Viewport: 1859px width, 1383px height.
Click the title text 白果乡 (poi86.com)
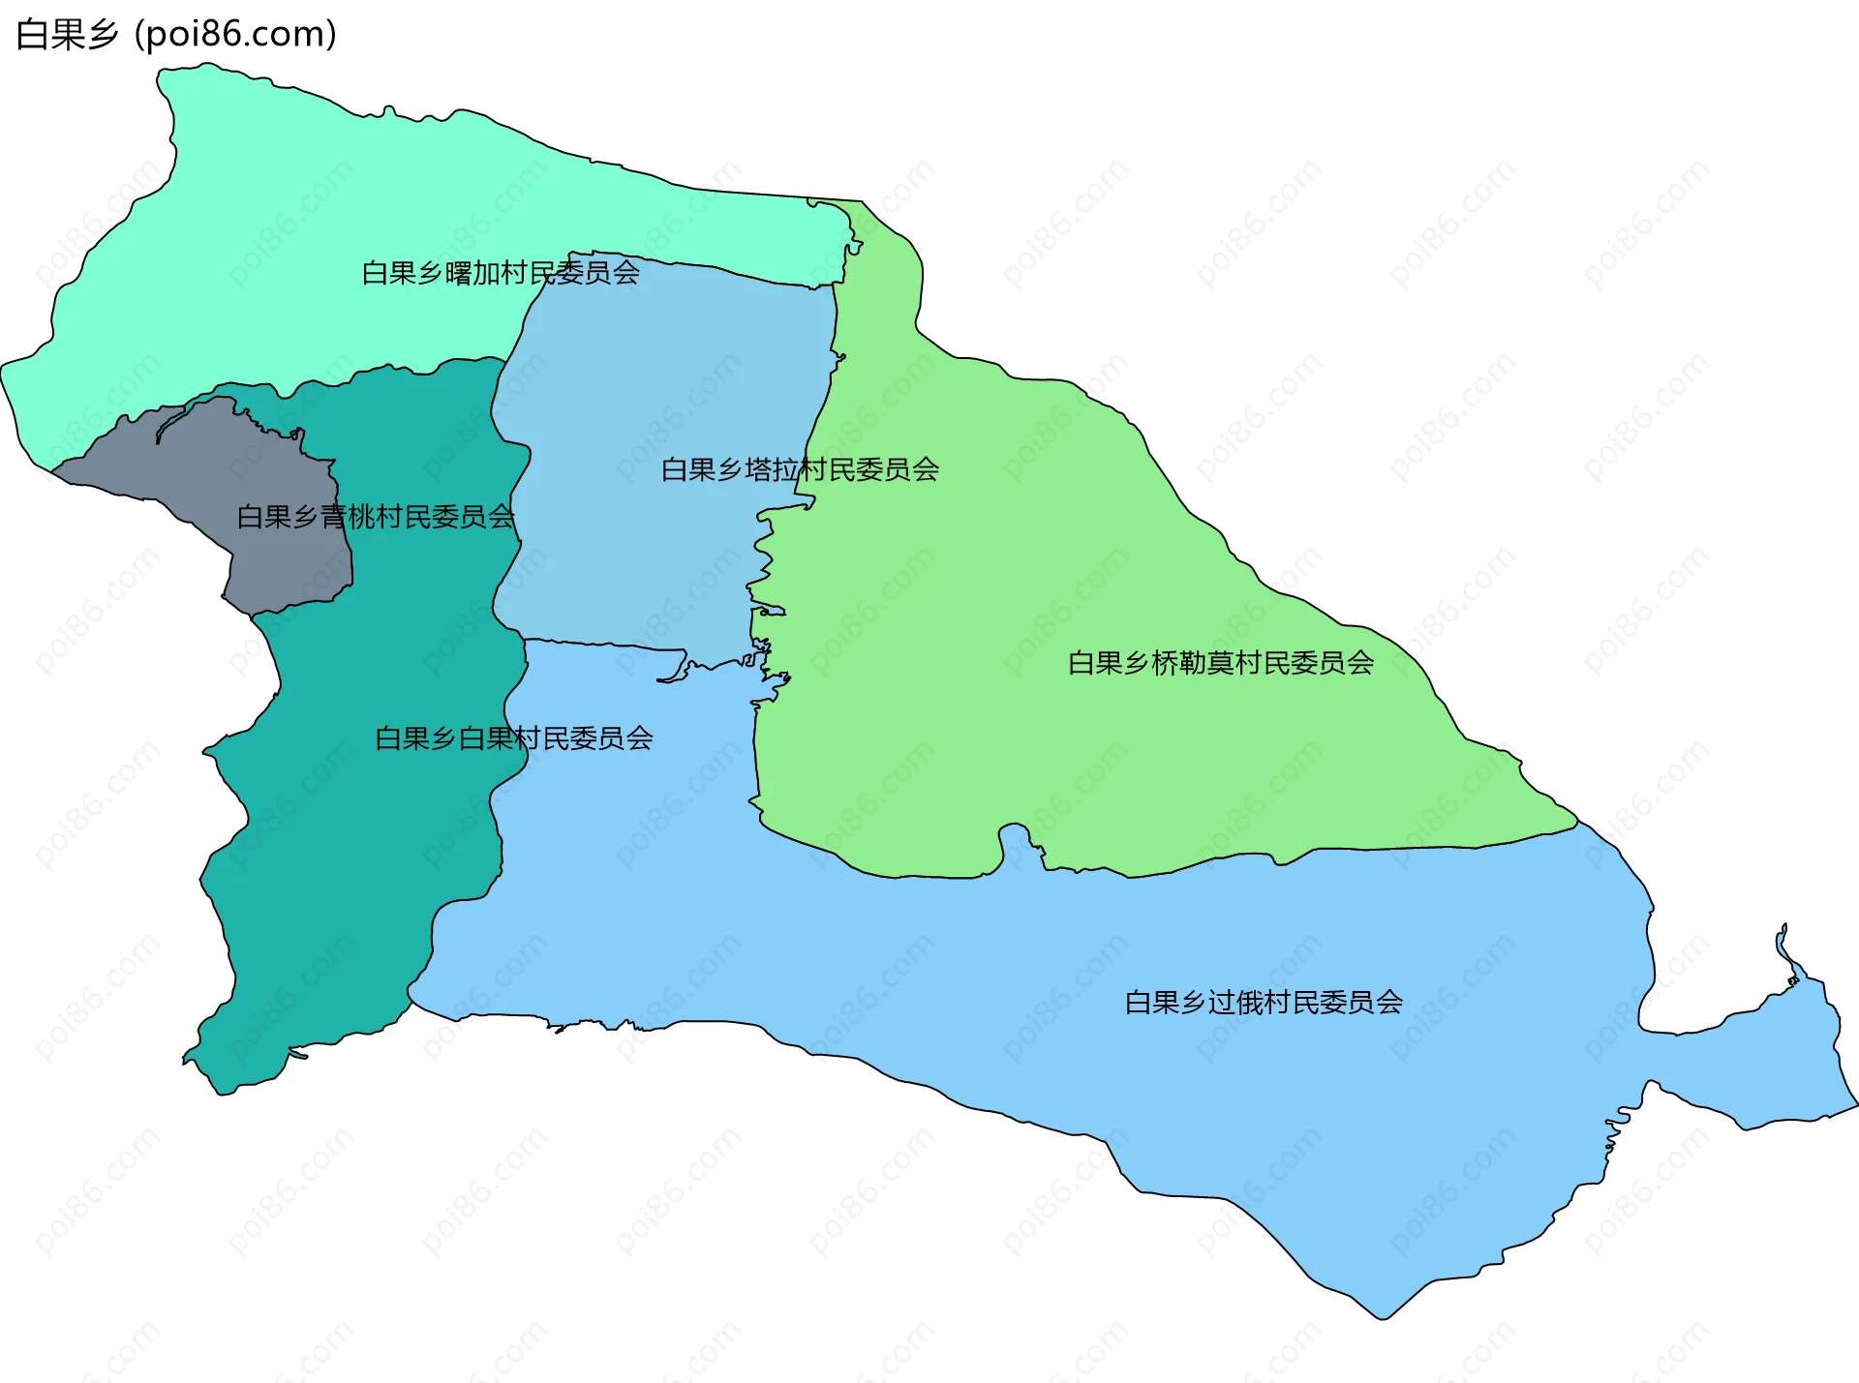[x=176, y=34]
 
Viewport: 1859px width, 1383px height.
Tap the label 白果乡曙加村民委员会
[x=501, y=273]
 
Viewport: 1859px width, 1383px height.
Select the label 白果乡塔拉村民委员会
[x=800, y=469]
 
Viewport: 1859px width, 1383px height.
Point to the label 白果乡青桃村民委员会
[x=376, y=517]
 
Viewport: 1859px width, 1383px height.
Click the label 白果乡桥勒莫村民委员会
[x=1220, y=663]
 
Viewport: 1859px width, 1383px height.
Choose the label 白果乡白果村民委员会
[x=513, y=738]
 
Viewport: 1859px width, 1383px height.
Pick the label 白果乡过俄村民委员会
[x=1264, y=1002]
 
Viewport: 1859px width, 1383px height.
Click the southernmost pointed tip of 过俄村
[x=1383, y=1318]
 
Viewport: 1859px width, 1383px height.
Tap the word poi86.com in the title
[x=235, y=34]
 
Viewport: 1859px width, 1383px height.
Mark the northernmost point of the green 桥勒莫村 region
[x=860, y=202]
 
